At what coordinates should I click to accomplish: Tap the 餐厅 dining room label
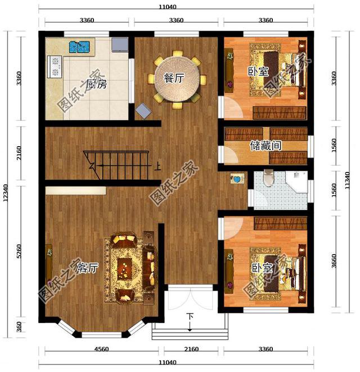(174, 78)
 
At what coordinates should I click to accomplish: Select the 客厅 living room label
(88, 268)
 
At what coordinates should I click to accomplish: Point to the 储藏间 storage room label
(265, 146)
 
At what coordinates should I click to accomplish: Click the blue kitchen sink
(79, 47)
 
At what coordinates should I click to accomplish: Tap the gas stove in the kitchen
(55, 67)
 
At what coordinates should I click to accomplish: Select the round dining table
(177, 79)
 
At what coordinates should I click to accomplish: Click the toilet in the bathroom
(269, 178)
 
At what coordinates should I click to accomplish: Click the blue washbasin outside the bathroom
(237, 179)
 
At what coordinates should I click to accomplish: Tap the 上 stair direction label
(157, 166)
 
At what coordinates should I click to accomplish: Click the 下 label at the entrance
(190, 316)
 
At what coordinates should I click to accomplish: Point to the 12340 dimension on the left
(6, 193)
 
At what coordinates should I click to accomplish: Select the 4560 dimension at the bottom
(102, 349)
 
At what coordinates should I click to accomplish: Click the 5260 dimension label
(19, 251)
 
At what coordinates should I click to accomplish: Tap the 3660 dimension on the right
(334, 261)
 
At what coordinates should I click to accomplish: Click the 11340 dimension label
(347, 180)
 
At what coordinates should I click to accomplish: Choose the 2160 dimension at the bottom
(191, 349)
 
